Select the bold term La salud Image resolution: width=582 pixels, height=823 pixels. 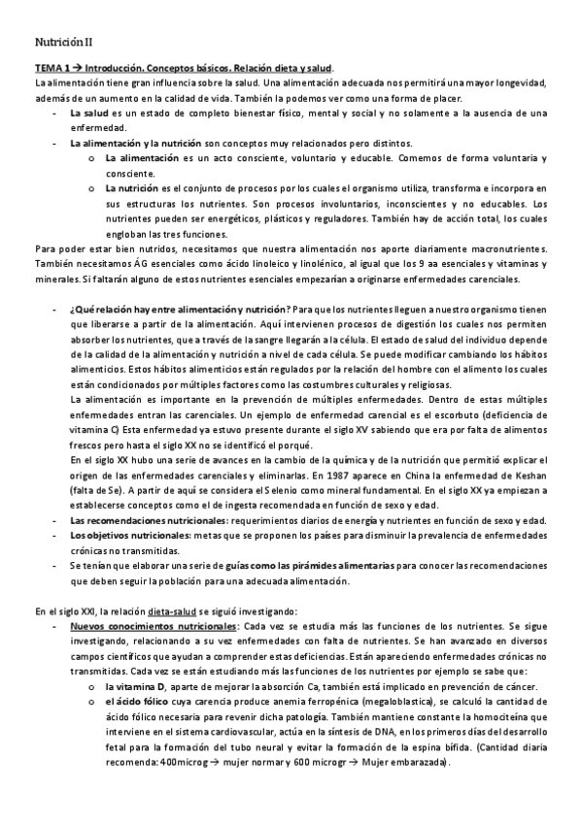(88, 114)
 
